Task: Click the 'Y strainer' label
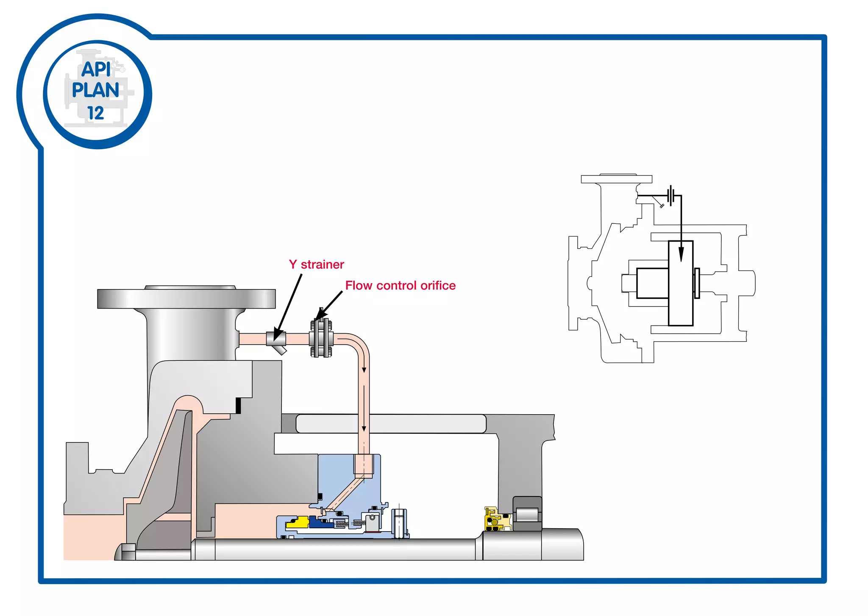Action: pos(316,265)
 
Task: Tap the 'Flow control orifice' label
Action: pos(400,286)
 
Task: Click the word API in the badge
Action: pos(96,69)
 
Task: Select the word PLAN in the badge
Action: pos(95,90)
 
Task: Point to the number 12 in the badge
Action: pos(96,113)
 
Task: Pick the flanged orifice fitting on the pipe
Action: pos(321,338)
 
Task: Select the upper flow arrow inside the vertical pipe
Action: pos(364,370)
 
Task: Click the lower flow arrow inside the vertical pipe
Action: pos(364,428)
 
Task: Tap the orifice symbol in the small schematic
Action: pos(670,195)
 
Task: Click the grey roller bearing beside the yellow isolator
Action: pos(527,514)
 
